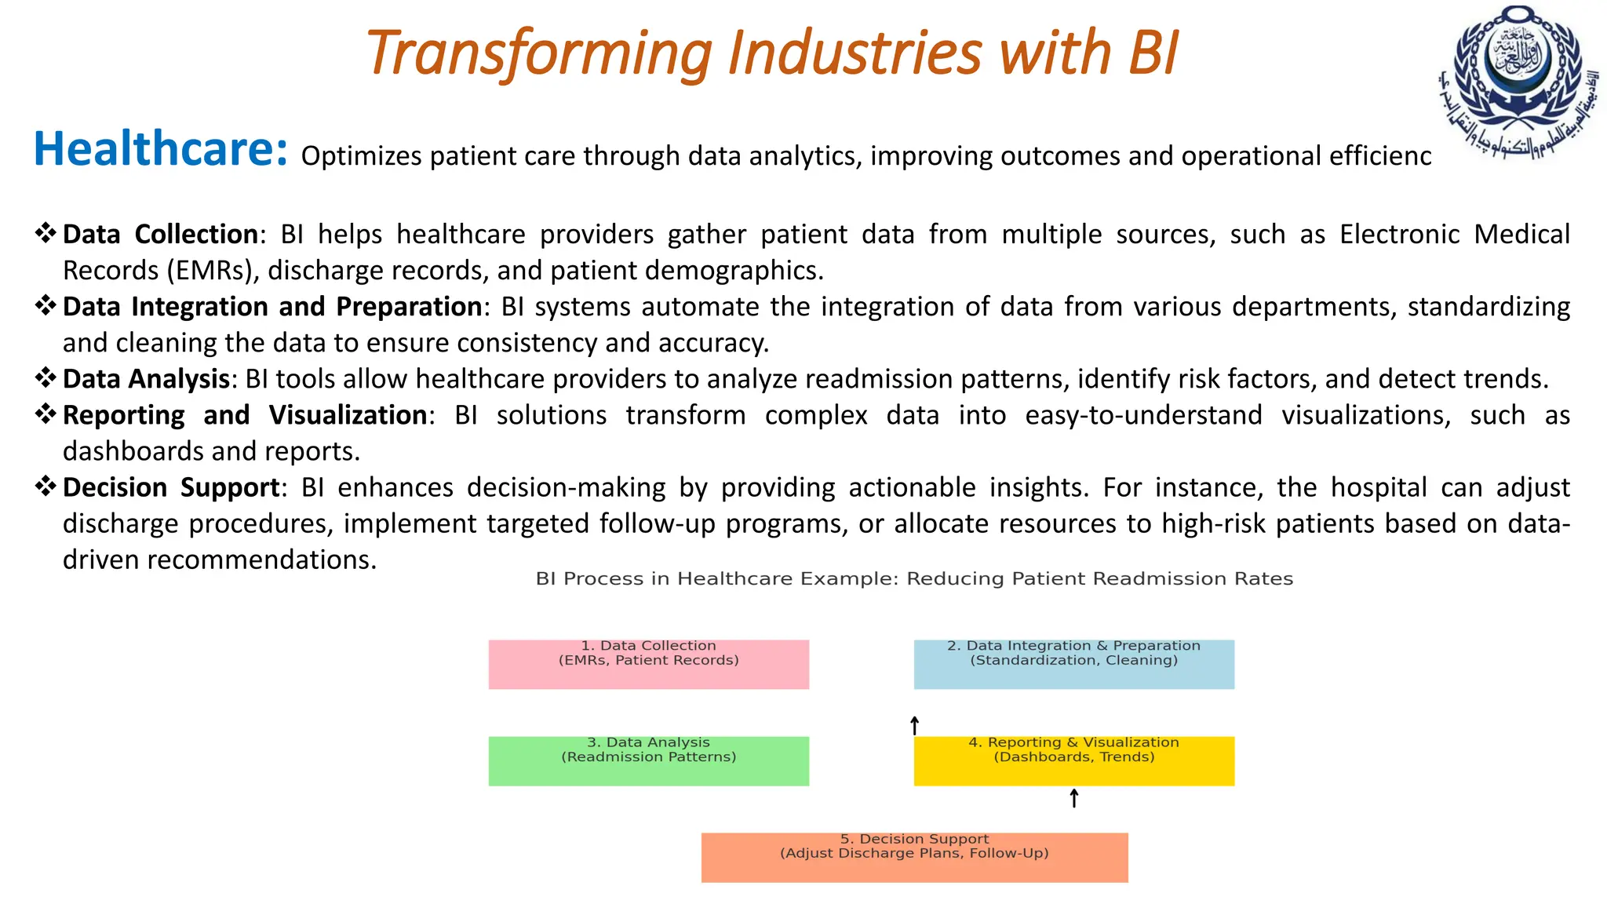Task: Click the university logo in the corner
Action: coord(1519,82)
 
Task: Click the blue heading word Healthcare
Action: coord(160,149)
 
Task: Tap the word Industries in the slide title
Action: coord(855,53)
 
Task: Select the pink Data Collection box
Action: coord(648,665)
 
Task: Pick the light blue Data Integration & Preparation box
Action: coord(1073,665)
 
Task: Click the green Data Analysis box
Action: coord(648,761)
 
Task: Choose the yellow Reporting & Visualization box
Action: coord(1073,761)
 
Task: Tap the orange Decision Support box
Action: coord(914,858)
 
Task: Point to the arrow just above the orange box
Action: coord(1074,799)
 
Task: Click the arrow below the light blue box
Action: coord(914,725)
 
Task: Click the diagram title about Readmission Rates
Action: coord(914,579)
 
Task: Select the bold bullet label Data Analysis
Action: coord(146,379)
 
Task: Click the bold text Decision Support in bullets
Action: coord(171,487)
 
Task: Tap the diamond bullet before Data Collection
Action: coord(46,233)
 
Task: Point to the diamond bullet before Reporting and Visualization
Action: coord(46,414)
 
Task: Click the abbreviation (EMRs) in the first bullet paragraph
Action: coord(211,271)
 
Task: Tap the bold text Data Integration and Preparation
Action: coord(271,307)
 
